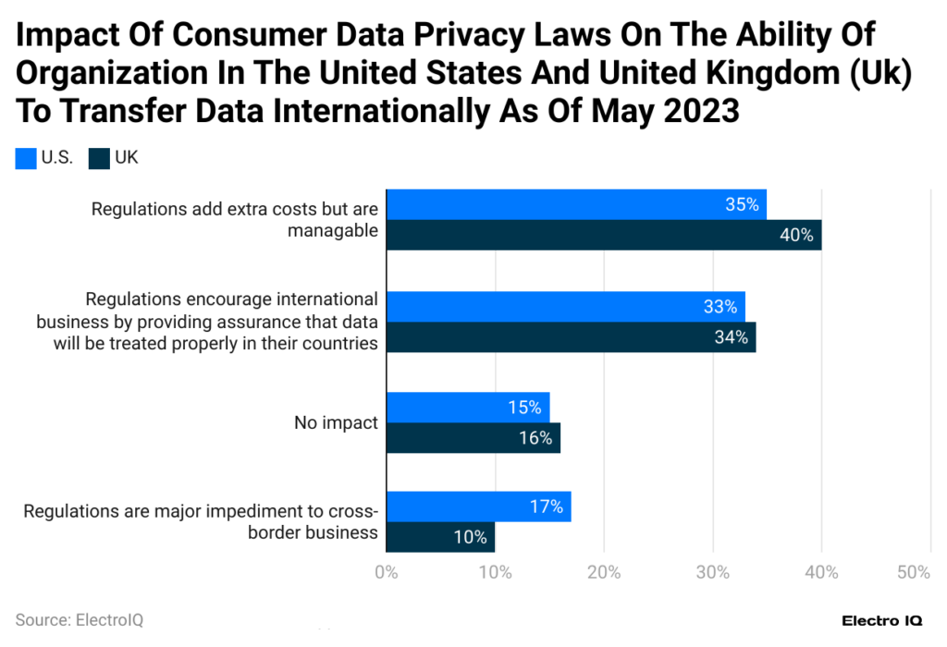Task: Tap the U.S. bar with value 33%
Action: point(564,306)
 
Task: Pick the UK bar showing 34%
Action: point(570,336)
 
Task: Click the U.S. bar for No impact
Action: point(467,407)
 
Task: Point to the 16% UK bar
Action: point(473,437)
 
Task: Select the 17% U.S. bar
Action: point(477,507)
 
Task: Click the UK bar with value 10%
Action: point(440,537)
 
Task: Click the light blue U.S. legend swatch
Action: point(26,159)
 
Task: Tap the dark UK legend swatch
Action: point(99,159)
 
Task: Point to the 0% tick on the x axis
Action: point(386,572)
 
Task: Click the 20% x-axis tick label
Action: point(604,572)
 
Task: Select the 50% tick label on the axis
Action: point(914,572)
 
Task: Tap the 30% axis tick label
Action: point(713,572)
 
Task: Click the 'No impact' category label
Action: point(336,422)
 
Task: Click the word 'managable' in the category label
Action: point(332,230)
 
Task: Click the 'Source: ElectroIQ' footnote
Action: point(80,619)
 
